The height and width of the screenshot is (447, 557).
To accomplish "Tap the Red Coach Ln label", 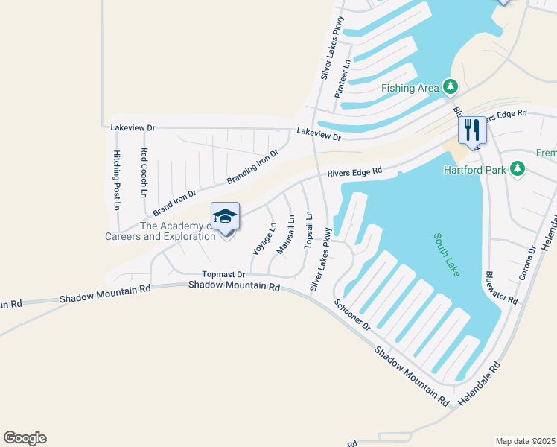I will click(144, 171).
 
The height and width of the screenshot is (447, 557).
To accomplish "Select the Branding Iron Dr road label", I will click(252, 167).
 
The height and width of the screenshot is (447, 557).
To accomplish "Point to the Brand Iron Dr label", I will click(175, 203).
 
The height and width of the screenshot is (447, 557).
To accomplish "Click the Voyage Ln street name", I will click(264, 238).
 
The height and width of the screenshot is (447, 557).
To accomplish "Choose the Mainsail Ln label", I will click(285, 234).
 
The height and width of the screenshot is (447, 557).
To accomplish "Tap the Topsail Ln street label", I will click(308, 229).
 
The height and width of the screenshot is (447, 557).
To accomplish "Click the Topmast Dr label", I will click(223, 274).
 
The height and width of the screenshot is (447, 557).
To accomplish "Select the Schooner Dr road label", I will click(352, 314).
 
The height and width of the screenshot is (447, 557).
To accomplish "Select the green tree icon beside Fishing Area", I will click(450, 87).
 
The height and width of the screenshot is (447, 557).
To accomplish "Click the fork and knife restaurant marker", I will click(472, 130).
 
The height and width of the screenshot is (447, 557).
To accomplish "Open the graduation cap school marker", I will click(226, 216).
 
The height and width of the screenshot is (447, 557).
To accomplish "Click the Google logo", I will click(25, 438).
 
